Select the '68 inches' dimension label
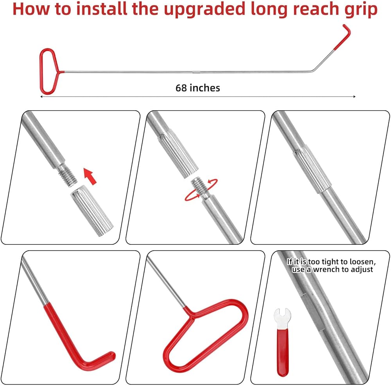(x=198, y=88)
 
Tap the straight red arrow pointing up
(x=90, y=176)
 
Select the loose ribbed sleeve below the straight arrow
(x=91, y=212)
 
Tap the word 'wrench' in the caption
(x=331, y=270)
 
